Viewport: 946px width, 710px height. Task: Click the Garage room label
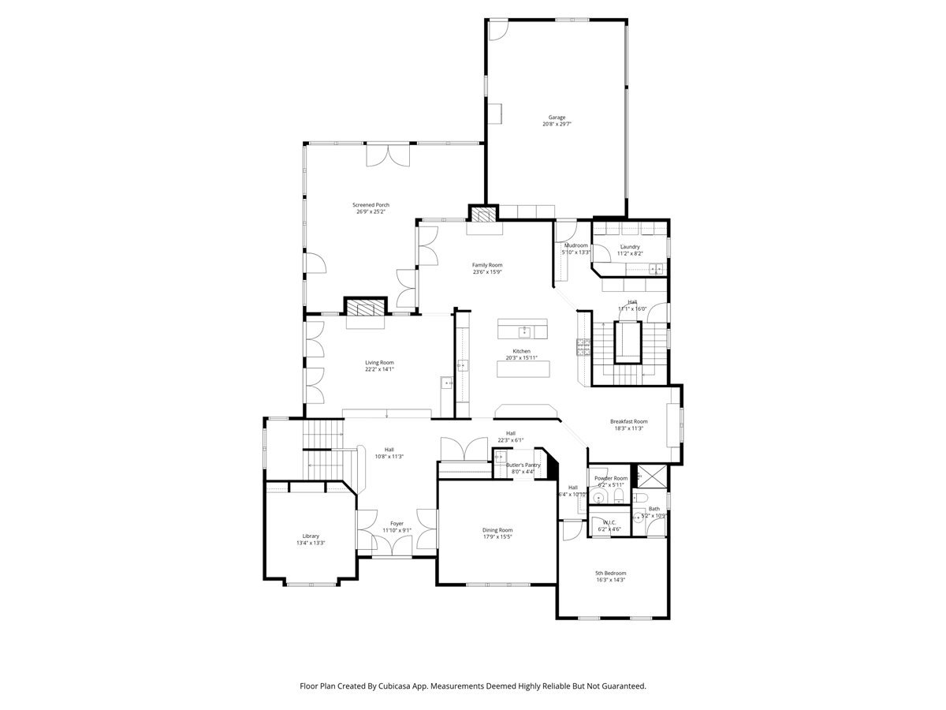click(x=557, y=118)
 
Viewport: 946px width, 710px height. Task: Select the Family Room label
click(x=487, y=265)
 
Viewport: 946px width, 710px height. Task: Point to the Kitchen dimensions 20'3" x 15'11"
click(x=521, y=358)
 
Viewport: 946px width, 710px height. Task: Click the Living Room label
click(x=379, y=362)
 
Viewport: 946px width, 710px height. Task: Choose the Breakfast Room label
click(x=628, y=421)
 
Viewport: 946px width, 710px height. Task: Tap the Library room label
click(x=311, y=536)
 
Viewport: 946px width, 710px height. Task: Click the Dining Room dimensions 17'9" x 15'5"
click(x=497, y=537)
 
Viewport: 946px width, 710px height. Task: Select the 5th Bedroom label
click(x=611, y=573)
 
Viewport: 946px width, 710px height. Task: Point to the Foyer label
click(x=397, y=523)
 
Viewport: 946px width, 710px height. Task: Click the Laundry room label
click(x=630, y=246)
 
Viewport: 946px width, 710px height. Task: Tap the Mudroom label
click(x=575, y=245)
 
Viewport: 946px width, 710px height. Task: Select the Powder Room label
click(x=611, y=478)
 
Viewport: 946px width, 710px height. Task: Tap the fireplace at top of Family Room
click(x=484, y=212)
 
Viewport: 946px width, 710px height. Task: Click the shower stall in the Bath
click(x=650, y=476)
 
